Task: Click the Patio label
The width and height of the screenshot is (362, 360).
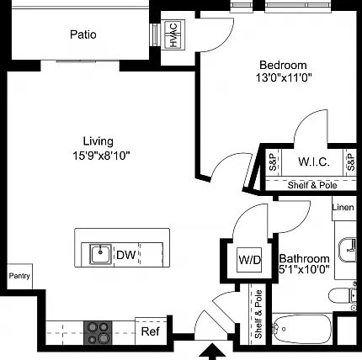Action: [83, 34]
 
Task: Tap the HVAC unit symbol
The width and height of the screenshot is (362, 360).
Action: [174, 34]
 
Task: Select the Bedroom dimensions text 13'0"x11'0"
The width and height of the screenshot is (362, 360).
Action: [284, 77]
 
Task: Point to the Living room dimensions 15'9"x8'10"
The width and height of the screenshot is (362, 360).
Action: [101, 155]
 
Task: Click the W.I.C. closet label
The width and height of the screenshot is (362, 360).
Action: [314, 161]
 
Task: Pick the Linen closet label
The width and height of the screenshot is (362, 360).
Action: [343, 208]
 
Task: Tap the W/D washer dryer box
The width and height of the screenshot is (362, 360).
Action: [249, 260]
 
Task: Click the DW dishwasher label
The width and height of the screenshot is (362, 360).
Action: [126, 255]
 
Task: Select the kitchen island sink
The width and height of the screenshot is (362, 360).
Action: [100, 254]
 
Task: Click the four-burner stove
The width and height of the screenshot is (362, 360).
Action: [98, 333]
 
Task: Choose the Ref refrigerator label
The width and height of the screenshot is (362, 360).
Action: [151, 331]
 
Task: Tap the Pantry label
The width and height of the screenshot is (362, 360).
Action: [19, 276]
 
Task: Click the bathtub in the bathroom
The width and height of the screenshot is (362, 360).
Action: [302, 329]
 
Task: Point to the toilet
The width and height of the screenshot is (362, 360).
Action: [343, 295]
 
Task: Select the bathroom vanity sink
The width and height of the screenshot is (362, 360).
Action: [348, 250]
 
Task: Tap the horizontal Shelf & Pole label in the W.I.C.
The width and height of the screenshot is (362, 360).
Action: [312, 185]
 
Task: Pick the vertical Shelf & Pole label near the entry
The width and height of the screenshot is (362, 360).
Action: [258, 314]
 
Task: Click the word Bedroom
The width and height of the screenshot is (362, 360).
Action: [283, 65]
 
